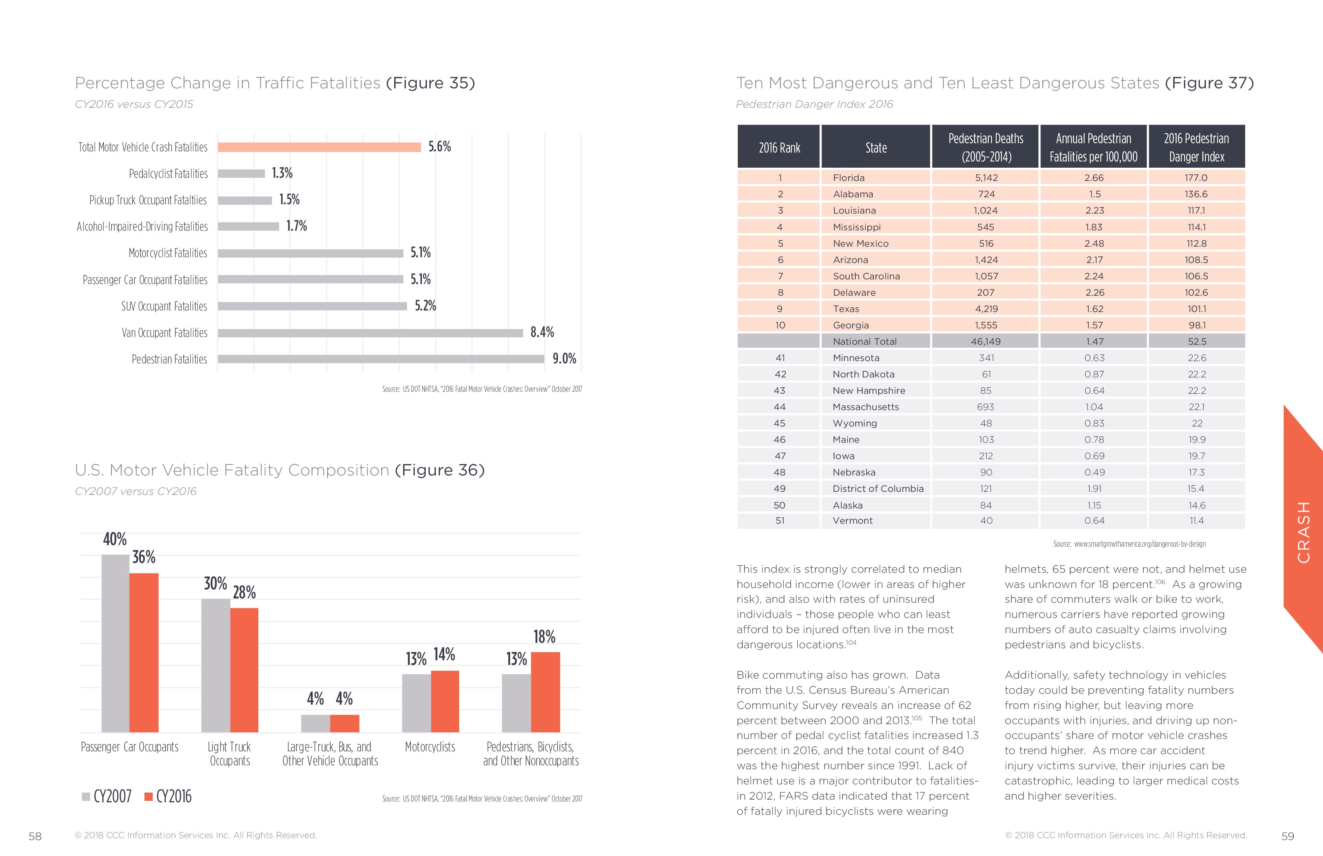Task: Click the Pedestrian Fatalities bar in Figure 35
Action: pyautogui.click(x=381, y=359)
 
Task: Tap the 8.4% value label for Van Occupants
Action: pyautogui.click(x=542, y=332)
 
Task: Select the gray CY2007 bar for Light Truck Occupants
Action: pyautogui.click(x=216, y=665)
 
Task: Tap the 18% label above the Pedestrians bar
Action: pyautogui.click(x=544, y=637)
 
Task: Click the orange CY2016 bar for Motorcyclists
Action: pyautogui.click(x=445, y=702)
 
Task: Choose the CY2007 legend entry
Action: pyautogui.click(x=107, y=796)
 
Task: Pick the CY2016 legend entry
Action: pyautogui.click(x=169, y=796)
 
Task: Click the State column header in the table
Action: pyautogui.click(x=876, y=148)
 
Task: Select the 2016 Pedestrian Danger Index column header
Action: pyautogui.click(x=1196, y=147)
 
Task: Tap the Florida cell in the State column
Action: pyautogui.click(x=849, y=178)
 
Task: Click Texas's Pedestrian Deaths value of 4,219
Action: pyautogui.click(x=986, y=309)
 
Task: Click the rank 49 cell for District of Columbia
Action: pyautogui.click(x=779, y=489)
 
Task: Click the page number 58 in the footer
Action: pyautogui.click(x=35, y=837)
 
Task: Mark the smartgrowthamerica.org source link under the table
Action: pyautogui.click(x=1140, y=544)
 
